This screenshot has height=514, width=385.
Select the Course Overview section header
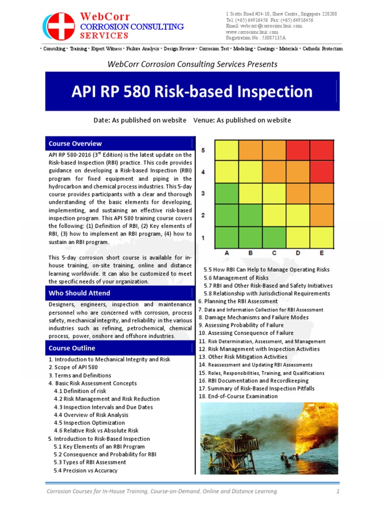(x=75, y=144)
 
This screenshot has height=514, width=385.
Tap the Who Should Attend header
(x=79, y=293)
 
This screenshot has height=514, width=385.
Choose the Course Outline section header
(x=72, y=348)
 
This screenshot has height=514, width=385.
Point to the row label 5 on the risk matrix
(x=203, y=150)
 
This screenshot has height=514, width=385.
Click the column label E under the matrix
(x=321, y=253)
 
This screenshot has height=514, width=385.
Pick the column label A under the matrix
(x=228, y=253)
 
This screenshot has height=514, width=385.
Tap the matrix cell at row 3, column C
(x=274, y=193)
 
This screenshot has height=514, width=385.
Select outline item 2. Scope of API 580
(x=73, y=367)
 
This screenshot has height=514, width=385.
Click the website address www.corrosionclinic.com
(x=252, y=32)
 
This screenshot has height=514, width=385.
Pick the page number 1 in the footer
(x=338, y=490)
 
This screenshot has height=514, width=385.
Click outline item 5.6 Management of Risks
(x=236, y=278)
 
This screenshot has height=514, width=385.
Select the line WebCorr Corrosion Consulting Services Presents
(x=192, y=64)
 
